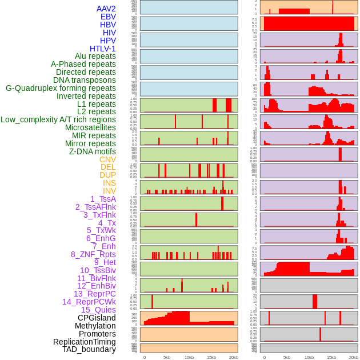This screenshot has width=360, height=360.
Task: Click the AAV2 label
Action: [x=106, y=9]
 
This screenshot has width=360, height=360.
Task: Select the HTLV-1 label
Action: [x=103, y=49]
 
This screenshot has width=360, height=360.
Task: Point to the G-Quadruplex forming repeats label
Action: [x=61, y=88]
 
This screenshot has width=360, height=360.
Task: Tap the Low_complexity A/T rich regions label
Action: [x=58, y=119]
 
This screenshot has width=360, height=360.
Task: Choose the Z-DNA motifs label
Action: [x=92, y=151]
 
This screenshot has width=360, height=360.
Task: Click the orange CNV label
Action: [x=107, y=159]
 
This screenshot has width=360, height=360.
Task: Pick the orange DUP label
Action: [x=107, y=175]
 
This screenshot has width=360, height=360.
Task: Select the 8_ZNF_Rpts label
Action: [x=93, y=254]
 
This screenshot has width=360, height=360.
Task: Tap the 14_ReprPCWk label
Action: [x=89, y=302]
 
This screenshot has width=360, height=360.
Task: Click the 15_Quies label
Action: [x=98, y=310]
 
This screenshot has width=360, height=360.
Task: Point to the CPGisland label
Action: [x=97, y=318]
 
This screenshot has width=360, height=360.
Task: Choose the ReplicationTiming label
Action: [x=84, y=342]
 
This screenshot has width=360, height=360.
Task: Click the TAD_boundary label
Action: [x=89, y=349]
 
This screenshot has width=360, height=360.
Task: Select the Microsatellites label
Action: [x=90, y=127]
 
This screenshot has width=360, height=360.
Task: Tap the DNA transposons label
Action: [x=85, y=80]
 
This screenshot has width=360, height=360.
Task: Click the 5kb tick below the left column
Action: [x=167, y=357]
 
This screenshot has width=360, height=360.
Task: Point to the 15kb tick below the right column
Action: [x=331, y=357]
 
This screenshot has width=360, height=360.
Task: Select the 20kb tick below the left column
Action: [x=233, y=357]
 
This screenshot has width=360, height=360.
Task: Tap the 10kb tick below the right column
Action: [x=309, y=357]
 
